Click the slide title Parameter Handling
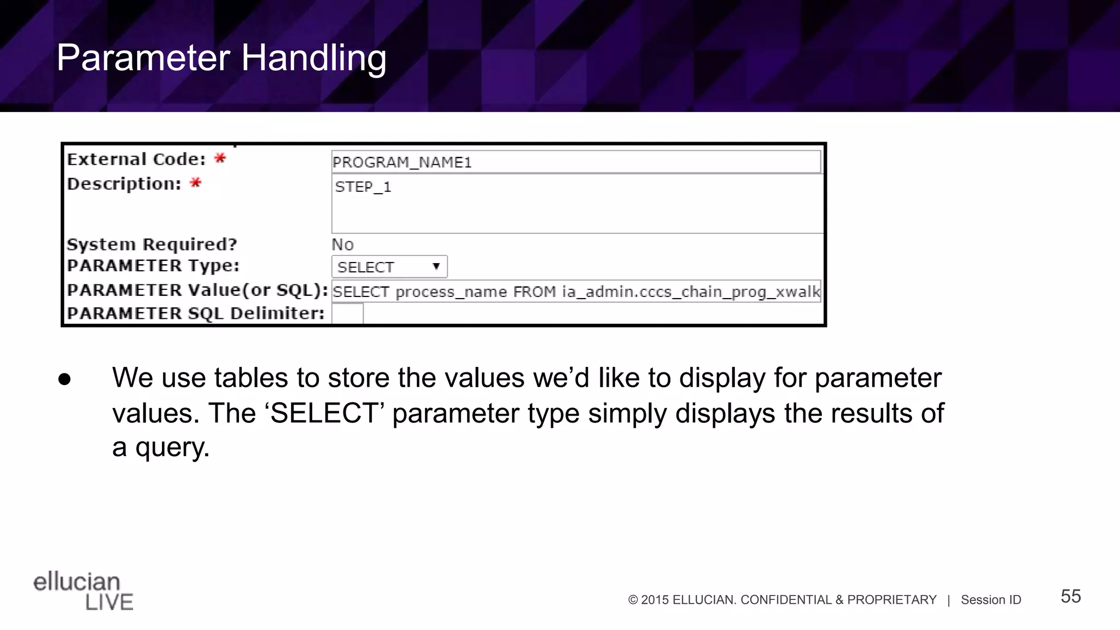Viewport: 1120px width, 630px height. [221, 58]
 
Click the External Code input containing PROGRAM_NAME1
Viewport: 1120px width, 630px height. [575, 162]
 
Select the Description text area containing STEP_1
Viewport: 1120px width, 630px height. [577, 203]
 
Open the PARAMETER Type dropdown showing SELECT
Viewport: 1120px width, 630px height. [389, 267]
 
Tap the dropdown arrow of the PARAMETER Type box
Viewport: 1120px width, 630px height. [436, 267]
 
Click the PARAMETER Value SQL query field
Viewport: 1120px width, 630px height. [576, 291]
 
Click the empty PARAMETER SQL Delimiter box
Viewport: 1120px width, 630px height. [347, 314]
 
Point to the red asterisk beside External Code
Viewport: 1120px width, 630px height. [220, 159]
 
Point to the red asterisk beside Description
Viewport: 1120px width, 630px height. [195, 183]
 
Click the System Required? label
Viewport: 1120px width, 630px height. [152, 244]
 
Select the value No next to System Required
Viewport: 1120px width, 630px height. [342, 244]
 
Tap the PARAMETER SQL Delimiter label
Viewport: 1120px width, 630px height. [195, 313]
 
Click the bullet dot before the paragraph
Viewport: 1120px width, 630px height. [65, 380]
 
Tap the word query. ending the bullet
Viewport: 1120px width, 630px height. [172, 447]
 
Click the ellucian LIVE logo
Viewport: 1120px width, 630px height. [83, 591]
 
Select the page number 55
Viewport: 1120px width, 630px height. [1070, 596]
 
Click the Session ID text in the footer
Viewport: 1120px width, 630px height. [990, 600]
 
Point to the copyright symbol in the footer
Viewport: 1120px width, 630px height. [633, 600]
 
